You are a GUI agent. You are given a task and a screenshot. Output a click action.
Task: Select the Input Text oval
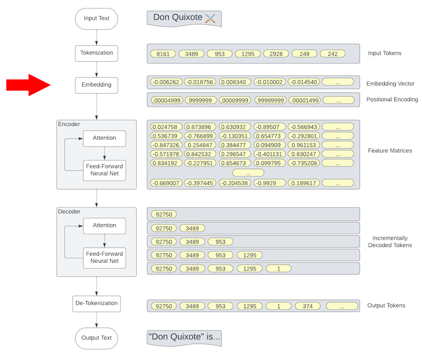[x=96, y=19]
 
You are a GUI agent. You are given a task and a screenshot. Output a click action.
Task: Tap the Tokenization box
[x=96, y=53]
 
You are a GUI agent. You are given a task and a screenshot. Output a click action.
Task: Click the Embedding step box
[x=96, y=85]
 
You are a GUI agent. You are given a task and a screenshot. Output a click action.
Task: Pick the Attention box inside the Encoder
[x=104, y=138]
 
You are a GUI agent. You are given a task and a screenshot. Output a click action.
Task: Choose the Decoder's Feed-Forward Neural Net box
[x=104, y=257]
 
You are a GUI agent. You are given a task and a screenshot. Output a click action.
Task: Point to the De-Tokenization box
[x=96, y=304]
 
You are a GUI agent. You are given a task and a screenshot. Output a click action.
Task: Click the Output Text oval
[x=96, y=338]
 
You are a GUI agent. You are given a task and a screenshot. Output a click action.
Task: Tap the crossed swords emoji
[x=210, y=18]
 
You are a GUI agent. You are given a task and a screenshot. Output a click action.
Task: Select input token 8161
[x=163, y=54]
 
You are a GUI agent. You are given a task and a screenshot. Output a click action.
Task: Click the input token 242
[x=332, y=54]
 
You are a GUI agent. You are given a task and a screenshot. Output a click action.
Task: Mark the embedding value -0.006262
[x=166, y=82]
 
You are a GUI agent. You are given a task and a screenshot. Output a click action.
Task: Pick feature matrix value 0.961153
[x=304, y=145]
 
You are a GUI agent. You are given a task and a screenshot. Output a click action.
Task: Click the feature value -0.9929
[x=269, y=183]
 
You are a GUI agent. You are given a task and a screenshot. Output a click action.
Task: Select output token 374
[x=308, y=306]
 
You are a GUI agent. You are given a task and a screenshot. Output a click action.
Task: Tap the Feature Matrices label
[x=390, y=151]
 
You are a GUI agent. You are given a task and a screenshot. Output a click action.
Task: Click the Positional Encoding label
[x=392, y=99]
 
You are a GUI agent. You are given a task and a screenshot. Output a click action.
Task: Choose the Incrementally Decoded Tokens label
[x=390, y=242]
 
